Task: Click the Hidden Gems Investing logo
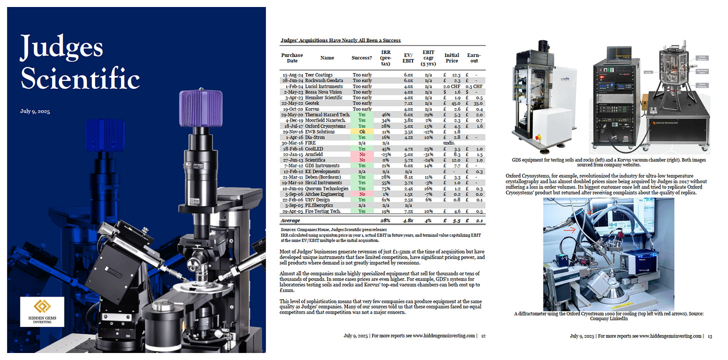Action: (x=42, y=311)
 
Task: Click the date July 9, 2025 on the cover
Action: (x=35, y=111)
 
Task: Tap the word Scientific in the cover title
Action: (x=80, y=78)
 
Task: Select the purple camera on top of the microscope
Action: (x=201, y=108)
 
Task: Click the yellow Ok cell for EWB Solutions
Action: (x=362, y=131)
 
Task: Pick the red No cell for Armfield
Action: (x=362, y=154)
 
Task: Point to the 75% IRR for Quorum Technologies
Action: (x=386, y=188)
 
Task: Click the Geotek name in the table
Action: (x=312, y=103)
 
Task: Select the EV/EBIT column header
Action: (x=408, y=58)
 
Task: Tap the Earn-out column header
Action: (x=474, y=58)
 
